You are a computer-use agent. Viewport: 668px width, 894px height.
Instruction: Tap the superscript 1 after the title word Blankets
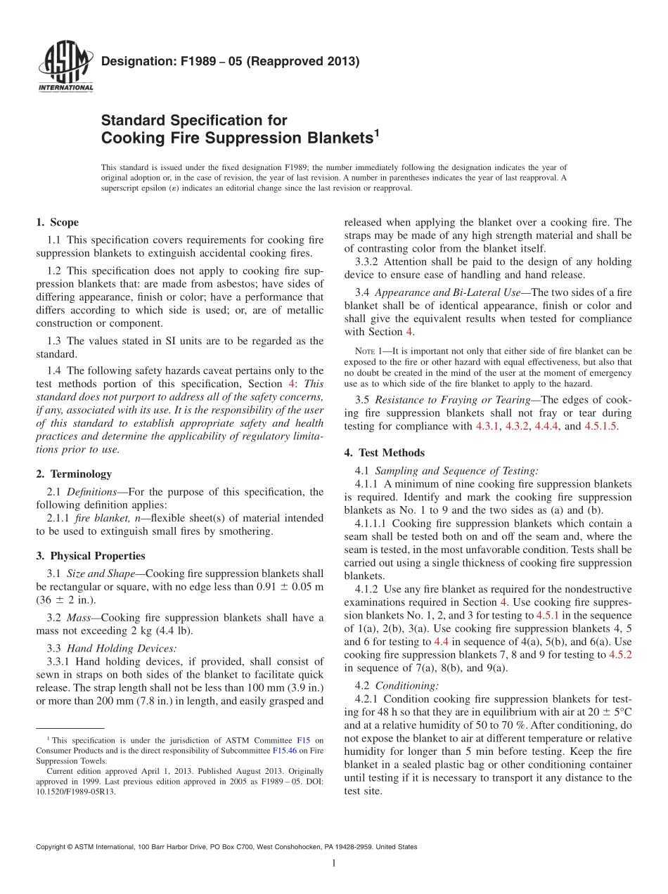pyautogui.click(x=376, y=131)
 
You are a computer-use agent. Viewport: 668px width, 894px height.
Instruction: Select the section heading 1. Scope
pyautogui.click(x=57, y=223)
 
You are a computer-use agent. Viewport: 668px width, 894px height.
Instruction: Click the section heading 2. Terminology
pyautogui.click(x=73, y=474)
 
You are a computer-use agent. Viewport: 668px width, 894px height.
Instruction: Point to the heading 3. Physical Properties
pyautogui.click(x=90, y=556)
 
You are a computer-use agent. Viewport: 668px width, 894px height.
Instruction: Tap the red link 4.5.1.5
pyautogui.click(x=601, y=427)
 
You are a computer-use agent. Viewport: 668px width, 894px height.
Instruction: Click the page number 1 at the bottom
pyautogui.click(x=333, y=864)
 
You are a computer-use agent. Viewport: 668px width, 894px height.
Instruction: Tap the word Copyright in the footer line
pyautogui.click(x=52, y=847)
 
